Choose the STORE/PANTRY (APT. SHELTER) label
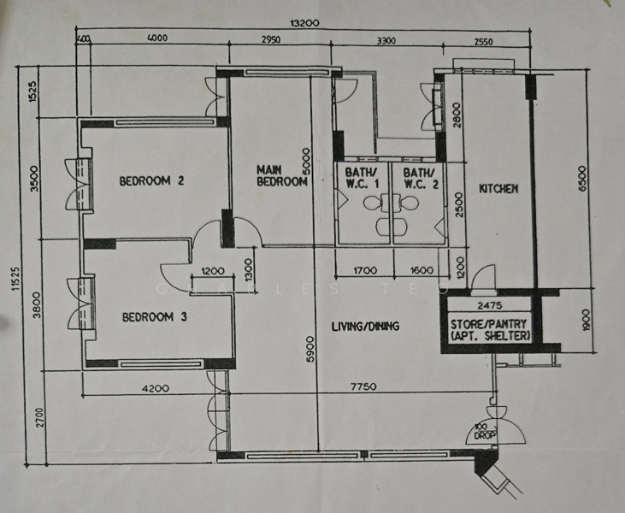click(x=490, y=330)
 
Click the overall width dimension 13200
click(x=305, y=24)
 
